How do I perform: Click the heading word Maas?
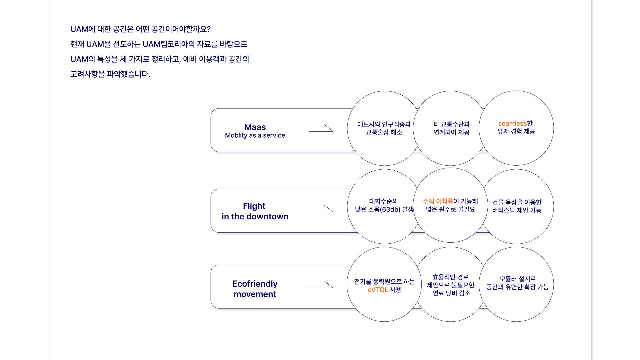255,127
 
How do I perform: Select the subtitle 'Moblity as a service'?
255,135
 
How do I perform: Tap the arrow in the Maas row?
321,128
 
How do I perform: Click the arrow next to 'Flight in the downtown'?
321,209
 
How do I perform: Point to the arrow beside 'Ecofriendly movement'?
321,284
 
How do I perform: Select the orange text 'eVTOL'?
378,290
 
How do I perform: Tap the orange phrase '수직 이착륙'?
438,201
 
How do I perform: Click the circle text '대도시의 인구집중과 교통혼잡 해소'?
384,128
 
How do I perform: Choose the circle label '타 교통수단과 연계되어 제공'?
451,128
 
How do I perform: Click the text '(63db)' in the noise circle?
390,209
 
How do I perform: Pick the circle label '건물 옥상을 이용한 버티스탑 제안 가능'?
517,206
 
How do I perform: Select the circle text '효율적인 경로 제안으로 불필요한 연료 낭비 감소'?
451,285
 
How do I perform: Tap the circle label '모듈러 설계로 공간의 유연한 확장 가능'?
518,283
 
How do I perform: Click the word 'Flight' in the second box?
254,206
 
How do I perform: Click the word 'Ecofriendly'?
255,284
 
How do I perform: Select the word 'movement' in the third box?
255,294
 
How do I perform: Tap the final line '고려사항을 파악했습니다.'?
110,74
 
